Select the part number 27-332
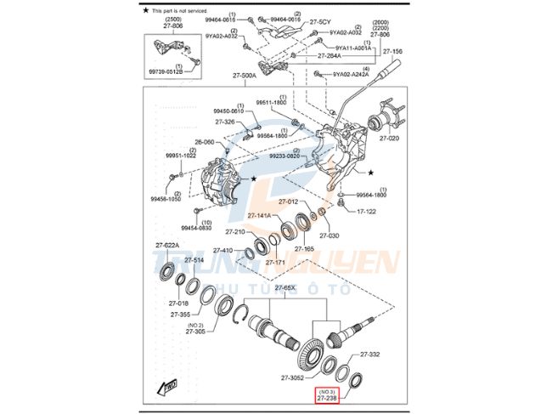[x=369, y=354]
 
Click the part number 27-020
[x=389, y=137]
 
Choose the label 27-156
[x=392, y=52]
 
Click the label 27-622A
[x=166, y=245]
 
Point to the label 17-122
[x=366, y=211]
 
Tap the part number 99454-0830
[x=196, y=228]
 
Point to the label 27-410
[x=222, y=250]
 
